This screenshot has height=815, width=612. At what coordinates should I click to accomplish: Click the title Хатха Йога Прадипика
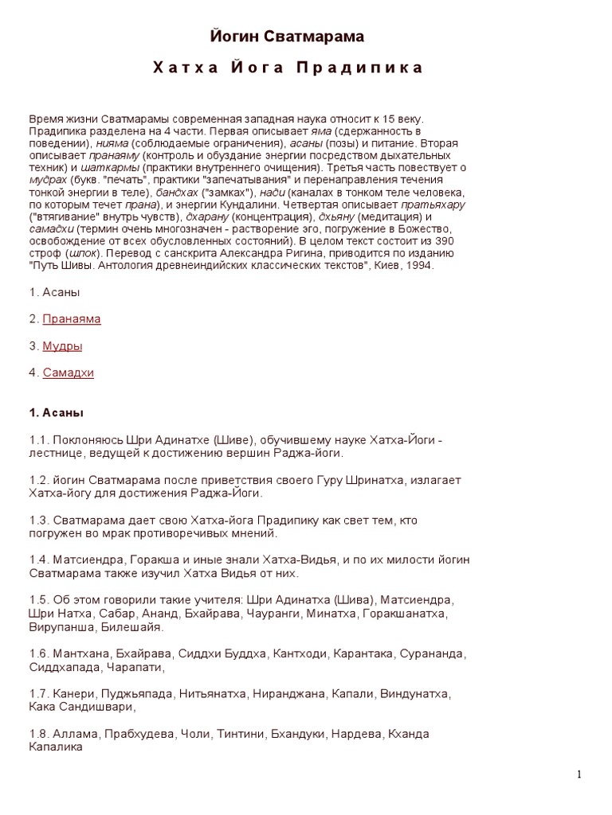tap(288, 68)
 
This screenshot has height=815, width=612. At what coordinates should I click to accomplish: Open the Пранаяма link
tap(72, 319)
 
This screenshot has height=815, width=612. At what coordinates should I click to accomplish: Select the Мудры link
tap(62, 346)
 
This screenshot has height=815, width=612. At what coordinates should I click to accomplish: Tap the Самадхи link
tap(68, 372)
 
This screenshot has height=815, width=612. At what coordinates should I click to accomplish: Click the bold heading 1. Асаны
tap(56, 413)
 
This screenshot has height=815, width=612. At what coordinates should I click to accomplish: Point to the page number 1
tap(579, 775)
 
